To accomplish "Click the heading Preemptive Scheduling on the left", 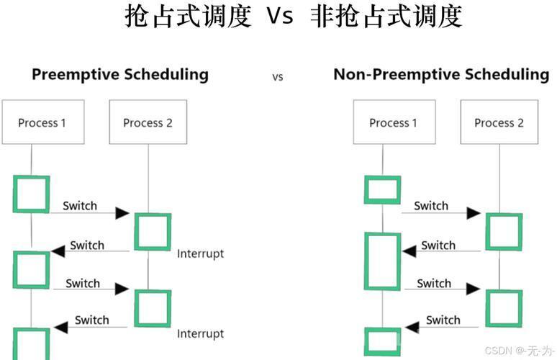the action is (120, 75).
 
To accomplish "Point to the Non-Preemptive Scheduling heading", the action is (441, 75).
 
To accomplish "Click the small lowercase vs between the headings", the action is (278, 77).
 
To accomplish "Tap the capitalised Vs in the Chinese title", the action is (280, 16).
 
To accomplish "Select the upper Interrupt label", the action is (200, 253).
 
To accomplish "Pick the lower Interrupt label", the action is (200, 333).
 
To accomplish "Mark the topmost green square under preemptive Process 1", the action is (14, 194).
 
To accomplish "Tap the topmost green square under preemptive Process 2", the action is (136, 232).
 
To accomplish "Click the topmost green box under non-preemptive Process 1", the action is (366, 190).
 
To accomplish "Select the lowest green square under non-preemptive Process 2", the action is (487, 308).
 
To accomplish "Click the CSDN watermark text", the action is (520, 351).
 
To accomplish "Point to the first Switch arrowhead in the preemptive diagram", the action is (122, 213).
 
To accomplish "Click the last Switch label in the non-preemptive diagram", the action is (443, 320).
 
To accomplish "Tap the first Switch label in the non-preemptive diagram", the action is (431, 206).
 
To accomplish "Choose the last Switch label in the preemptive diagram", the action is (91, 320).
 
